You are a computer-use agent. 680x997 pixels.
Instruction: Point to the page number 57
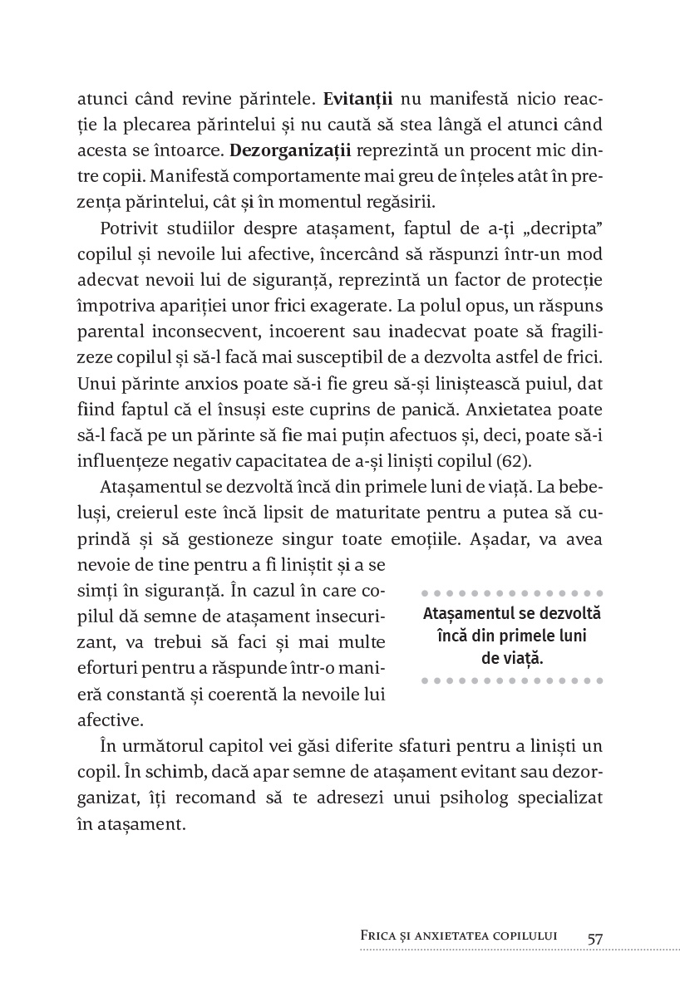[595, 938]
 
